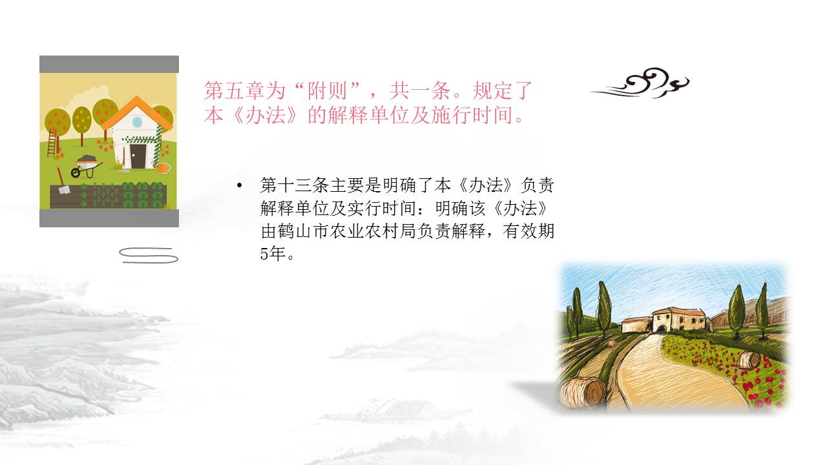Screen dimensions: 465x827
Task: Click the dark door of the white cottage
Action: [x=138, y=155]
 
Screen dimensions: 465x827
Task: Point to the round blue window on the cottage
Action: [x=137, y=122]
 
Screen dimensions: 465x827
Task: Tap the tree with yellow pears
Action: [x=82, y=119]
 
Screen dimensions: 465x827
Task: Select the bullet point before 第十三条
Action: [x=240, y=186]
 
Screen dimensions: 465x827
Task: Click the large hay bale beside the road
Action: [x=581, y=391]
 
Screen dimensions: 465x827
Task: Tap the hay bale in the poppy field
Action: [x=749, y=360]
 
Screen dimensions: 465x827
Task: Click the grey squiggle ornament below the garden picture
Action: [x=149, y=256]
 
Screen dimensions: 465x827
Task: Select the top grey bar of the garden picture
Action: [x=109, y=64]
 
